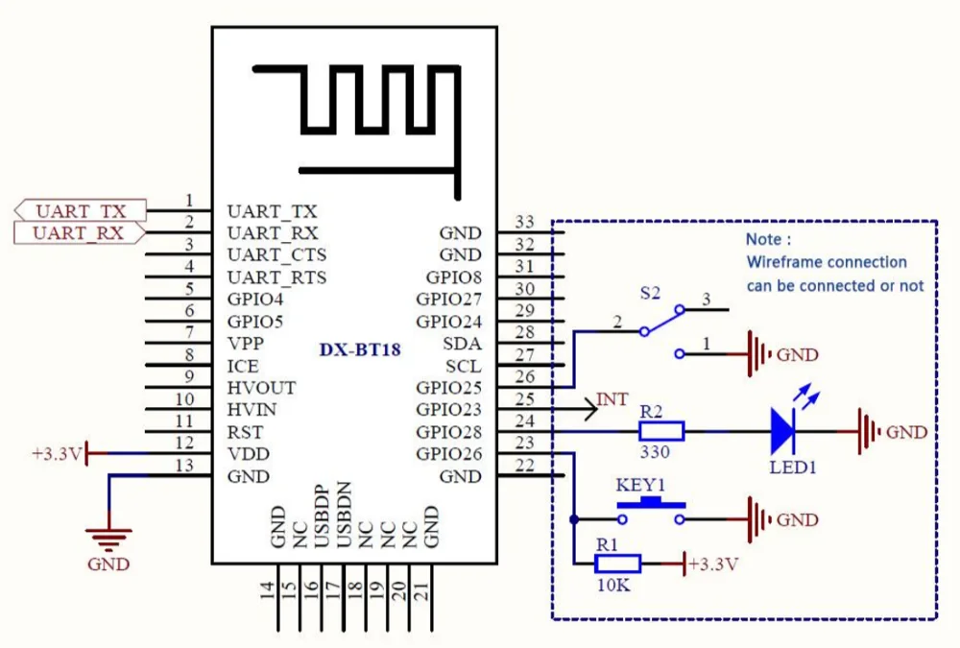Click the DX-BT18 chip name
click(x=360, y=350)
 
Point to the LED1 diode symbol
click(x=785, y=431)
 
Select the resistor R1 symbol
click(x=617, y=564)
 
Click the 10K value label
click(x=612, y=585)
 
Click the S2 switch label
click(x=650, y=290)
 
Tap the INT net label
click(x=612, y=398)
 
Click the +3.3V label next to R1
click(x=715, y=564)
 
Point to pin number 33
click(x=524, y=222)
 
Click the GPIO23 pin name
click(x=448, y=410)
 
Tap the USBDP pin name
click(x=322, y=516)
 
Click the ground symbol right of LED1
click(x=868, y=431)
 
